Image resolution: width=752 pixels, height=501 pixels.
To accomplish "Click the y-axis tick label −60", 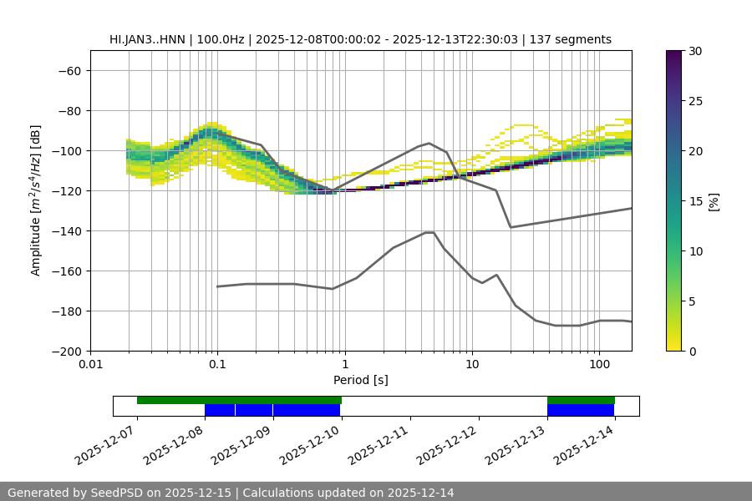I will tap(69, 70).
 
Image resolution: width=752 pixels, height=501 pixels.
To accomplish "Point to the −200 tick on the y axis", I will tap(65, 351).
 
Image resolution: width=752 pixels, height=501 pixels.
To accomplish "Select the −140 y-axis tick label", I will tap(65, 230).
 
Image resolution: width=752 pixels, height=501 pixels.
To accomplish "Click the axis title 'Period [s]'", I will tap(360, 380).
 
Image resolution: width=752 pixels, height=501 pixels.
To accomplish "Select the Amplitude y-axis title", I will tap(36, 200).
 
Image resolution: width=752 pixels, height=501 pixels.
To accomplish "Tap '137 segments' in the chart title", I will tap(576, 39).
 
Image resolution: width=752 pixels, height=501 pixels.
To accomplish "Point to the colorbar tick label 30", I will tap(695, 51).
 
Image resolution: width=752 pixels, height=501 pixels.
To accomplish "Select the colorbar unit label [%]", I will tap(714, 201).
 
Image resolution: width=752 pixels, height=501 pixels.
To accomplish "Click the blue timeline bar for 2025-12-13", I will tap(581, 410).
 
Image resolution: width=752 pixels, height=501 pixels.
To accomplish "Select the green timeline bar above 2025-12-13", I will tap(581, 400).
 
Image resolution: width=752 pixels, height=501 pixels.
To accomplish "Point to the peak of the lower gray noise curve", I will tap(429, 232).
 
